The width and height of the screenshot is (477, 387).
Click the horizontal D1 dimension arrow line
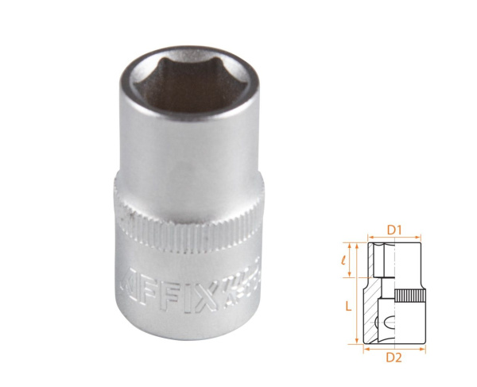393,238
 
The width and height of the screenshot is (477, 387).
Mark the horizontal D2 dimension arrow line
393,348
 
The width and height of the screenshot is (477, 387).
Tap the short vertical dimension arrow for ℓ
350,259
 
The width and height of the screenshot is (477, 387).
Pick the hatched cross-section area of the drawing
371,306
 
